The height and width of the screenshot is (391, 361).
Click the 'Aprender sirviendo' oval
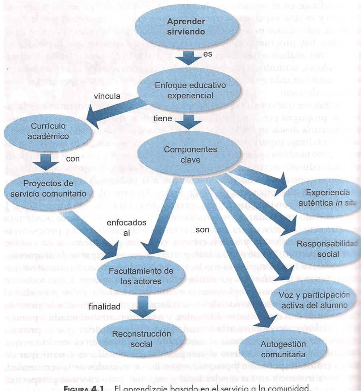(186, 27)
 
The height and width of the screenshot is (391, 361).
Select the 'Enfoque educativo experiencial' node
(190, 90)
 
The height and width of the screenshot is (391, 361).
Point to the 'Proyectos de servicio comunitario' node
(47, 190)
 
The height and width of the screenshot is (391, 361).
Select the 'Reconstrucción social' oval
(131, 339)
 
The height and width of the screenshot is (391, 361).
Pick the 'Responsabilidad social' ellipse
(322, 249)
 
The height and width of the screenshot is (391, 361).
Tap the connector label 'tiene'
(160, 119)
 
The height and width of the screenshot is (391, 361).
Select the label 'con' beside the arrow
(73, 159)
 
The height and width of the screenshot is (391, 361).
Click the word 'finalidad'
(105, 306)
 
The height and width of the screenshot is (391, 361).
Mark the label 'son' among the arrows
(201, 229)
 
